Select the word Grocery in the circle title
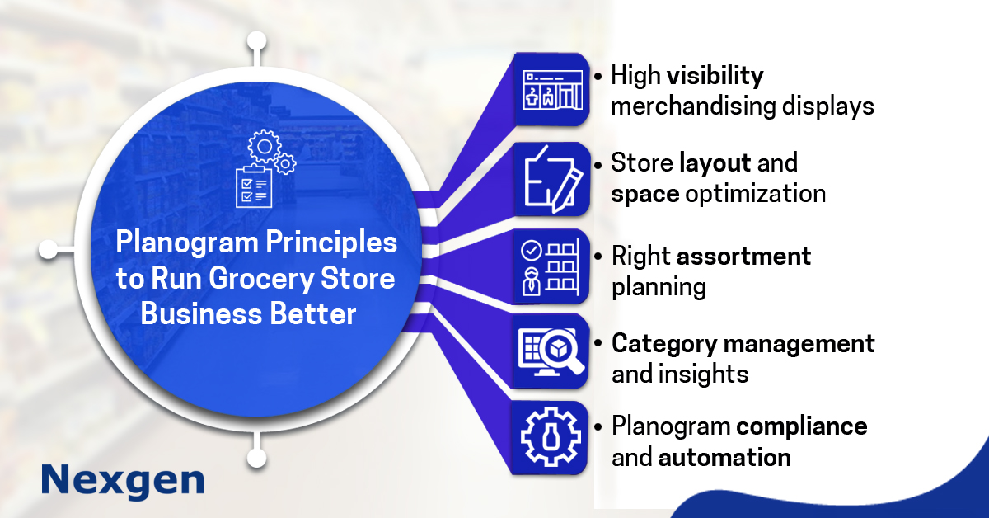pyautogui.click(x=268, y=280)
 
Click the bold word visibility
pyautogui.click(x=715, y=77)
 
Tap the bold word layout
pyautogui.click(x=715, y=163)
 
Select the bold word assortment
pyautogui.click(x=744, y=257)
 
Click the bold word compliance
pyautogui.click(x=801, y=426)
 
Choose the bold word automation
pyautogui.click(x=724, y=458)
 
